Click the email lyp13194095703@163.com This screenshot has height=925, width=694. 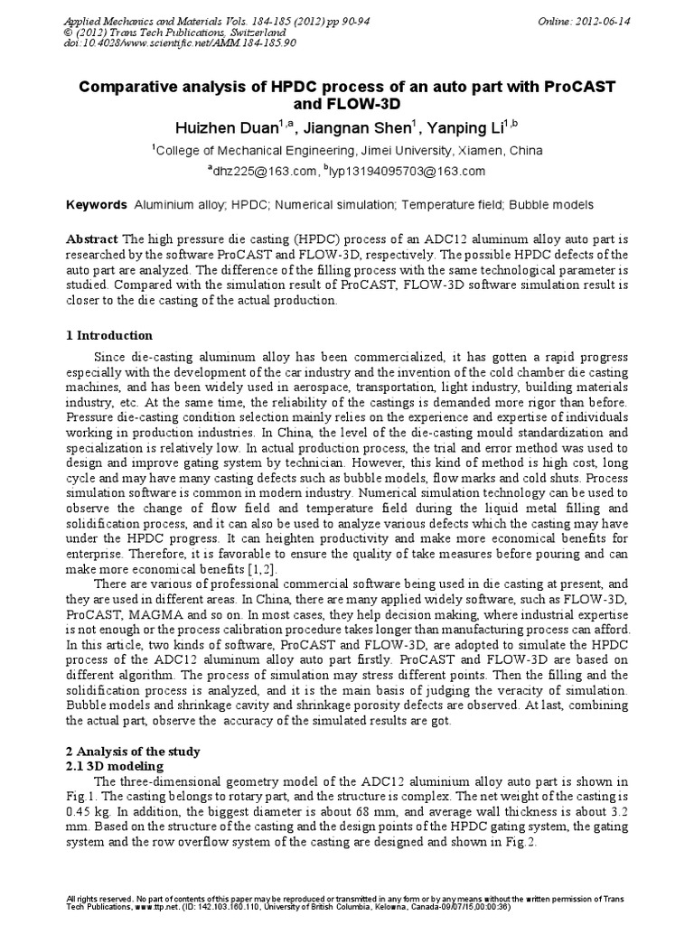click(411, 171)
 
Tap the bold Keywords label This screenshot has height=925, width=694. click(98, 206)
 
